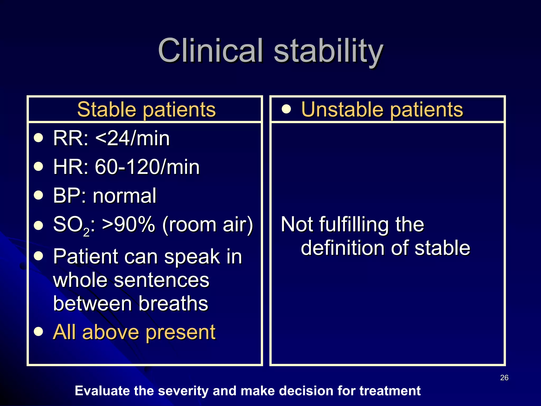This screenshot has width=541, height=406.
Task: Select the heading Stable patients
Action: (146, 109)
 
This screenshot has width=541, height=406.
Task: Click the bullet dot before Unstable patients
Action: (286, 109)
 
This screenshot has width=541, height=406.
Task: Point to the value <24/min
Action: (132, 138)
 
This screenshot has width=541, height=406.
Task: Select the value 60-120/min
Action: (147, 167)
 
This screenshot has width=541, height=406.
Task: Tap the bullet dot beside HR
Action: (39, 167)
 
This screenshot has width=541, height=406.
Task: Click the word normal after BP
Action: (124, 196)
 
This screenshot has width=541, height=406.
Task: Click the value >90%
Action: (128, 224)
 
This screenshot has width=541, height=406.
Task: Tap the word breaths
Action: (173, 303)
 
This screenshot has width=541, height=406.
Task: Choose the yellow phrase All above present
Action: (134, 332)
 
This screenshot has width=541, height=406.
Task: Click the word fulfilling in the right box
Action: (354, 225)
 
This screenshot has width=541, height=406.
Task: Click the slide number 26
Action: (504, 378)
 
